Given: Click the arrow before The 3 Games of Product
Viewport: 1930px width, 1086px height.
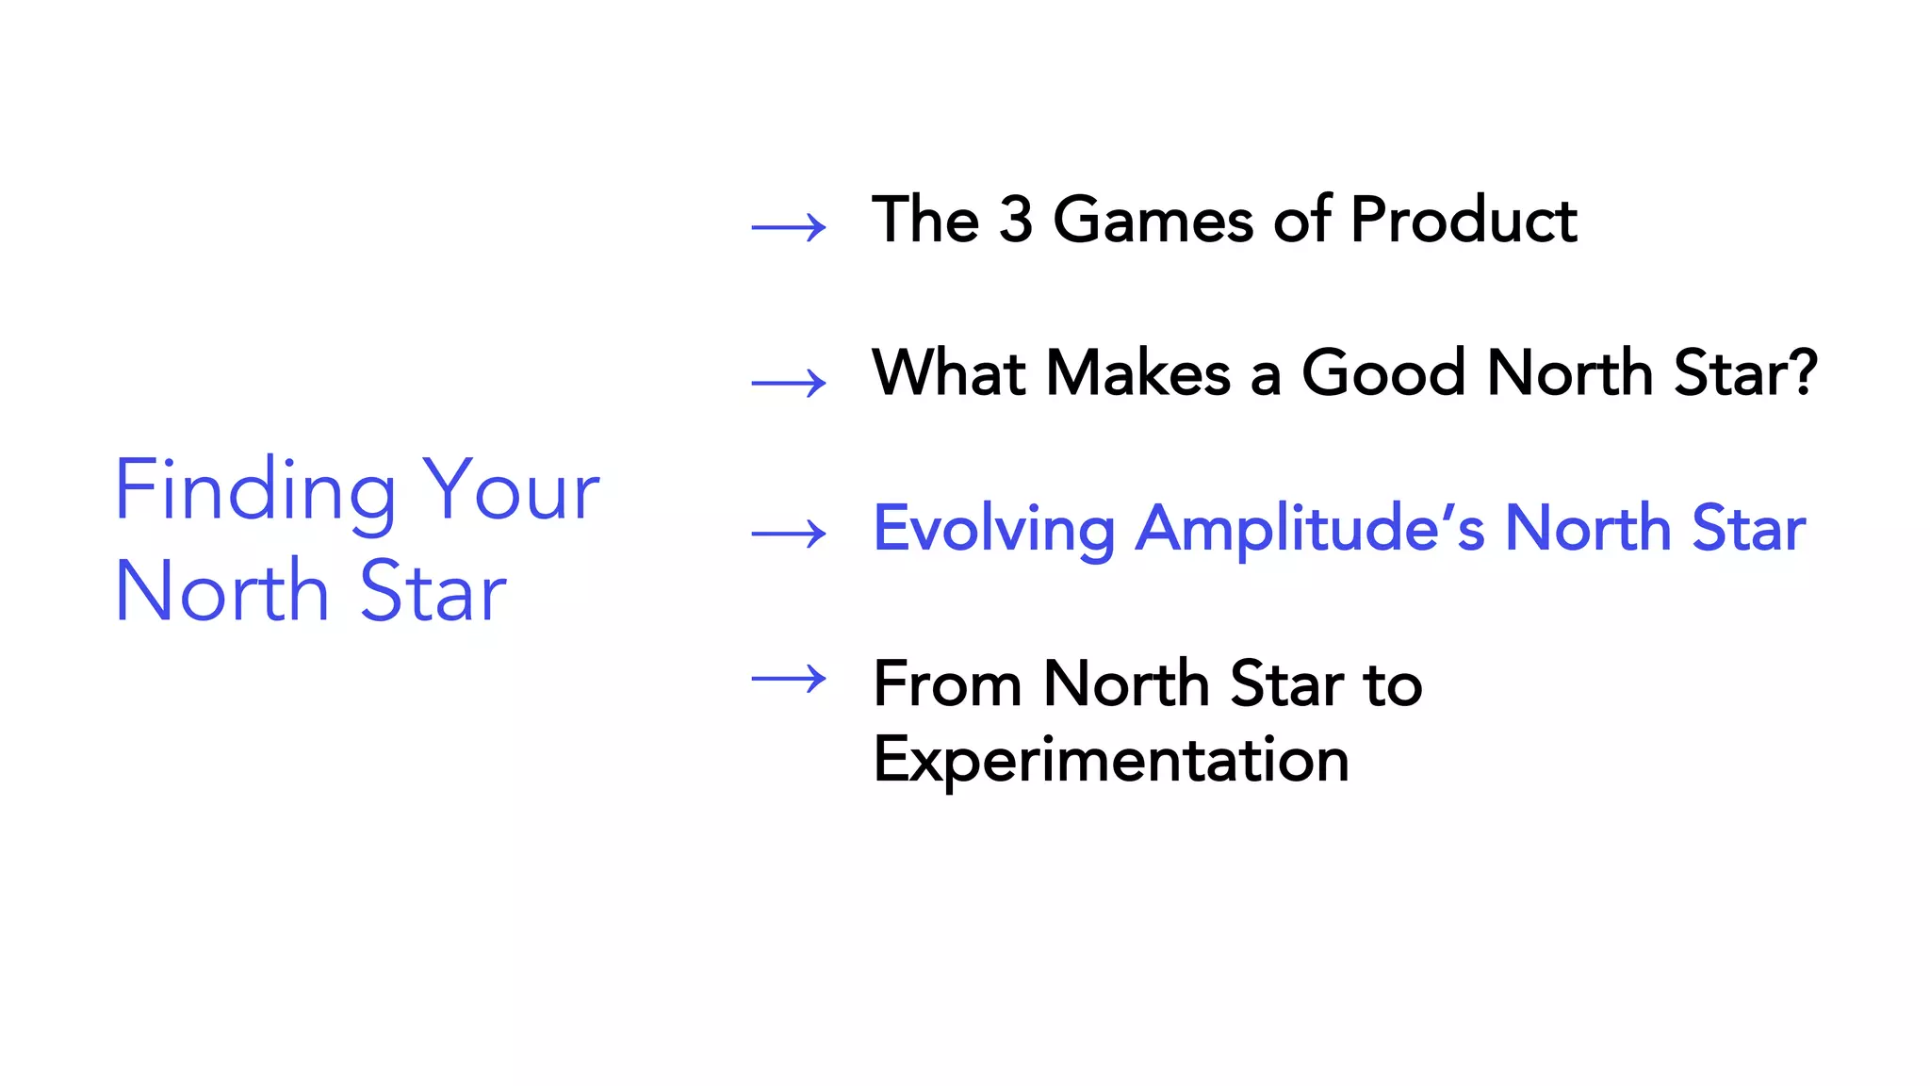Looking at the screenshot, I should tap(789, 227).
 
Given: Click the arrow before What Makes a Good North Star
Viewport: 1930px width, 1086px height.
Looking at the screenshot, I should tap(789, 383).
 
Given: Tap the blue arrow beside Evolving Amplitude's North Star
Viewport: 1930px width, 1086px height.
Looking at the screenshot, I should tap(789, 534).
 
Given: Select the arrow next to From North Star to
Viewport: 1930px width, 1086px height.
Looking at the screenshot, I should tap(789, 678).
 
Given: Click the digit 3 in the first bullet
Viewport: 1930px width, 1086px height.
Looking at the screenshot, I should tap(1015, 220).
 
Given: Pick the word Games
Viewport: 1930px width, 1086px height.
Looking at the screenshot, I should tap(1153, 220).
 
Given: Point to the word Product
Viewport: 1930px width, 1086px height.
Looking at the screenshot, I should tap(1464, 220).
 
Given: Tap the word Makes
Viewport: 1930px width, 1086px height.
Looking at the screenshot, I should tap(1138, 372).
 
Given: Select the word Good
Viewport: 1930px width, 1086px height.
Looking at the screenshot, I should tap(1383, 372).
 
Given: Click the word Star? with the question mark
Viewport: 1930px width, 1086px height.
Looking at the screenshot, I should tap(1745, 372).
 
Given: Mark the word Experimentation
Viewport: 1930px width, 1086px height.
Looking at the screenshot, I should tap(1111, 760).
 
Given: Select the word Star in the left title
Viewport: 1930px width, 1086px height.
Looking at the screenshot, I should tap(433, 592).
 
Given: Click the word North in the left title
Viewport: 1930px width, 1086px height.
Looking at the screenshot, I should tap(221, 592).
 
